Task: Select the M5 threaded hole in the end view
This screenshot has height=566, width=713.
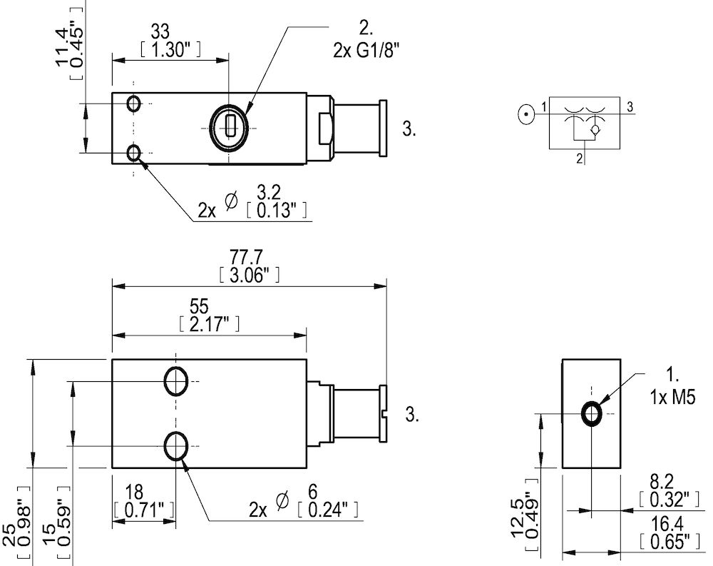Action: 592,413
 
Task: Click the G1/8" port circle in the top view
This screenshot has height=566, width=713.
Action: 229,127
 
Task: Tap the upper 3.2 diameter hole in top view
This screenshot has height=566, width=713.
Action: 133,103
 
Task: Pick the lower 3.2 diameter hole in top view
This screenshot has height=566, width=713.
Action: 133,152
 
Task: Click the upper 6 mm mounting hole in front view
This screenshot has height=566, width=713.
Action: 175,381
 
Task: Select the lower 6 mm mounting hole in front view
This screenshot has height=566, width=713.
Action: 175,446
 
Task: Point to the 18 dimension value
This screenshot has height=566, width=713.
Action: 133,492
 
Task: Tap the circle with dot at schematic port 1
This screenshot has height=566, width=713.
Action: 525,113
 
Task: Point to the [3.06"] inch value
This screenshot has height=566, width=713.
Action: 248,275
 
